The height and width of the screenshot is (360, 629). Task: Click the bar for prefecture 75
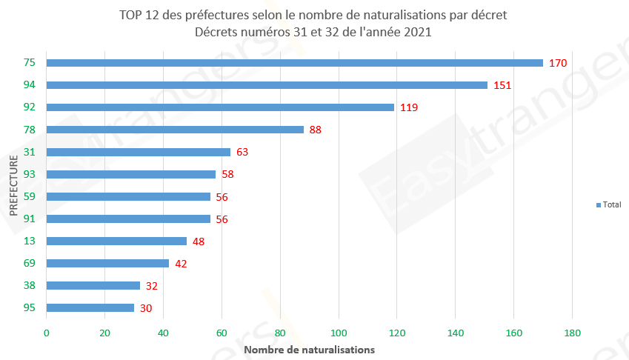coord(294,63)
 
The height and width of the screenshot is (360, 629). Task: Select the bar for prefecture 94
coord(267,85)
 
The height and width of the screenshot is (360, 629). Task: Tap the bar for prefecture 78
coord(175,130)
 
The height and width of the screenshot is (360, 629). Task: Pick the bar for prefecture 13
coord(116,241)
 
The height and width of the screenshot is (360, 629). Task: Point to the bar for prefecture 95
coord(90,307)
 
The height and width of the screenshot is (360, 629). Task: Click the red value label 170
coord(558,63)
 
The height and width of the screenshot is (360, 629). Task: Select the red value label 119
coord(409,107)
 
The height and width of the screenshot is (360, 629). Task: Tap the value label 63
coord(242,152)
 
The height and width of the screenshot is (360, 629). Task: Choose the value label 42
coord(181,263)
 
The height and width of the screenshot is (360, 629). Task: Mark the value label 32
coord(151,285)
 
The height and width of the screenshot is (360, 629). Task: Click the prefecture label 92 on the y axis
coord(30,107)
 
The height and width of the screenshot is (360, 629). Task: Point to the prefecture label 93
coord(30,174)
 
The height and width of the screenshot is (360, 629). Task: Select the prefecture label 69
coord(30,263)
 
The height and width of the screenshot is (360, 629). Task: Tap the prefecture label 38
coord(30,285)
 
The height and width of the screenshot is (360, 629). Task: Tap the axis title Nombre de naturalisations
coord(309,349)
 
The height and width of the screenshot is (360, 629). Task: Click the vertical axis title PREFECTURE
coord(14,185)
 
